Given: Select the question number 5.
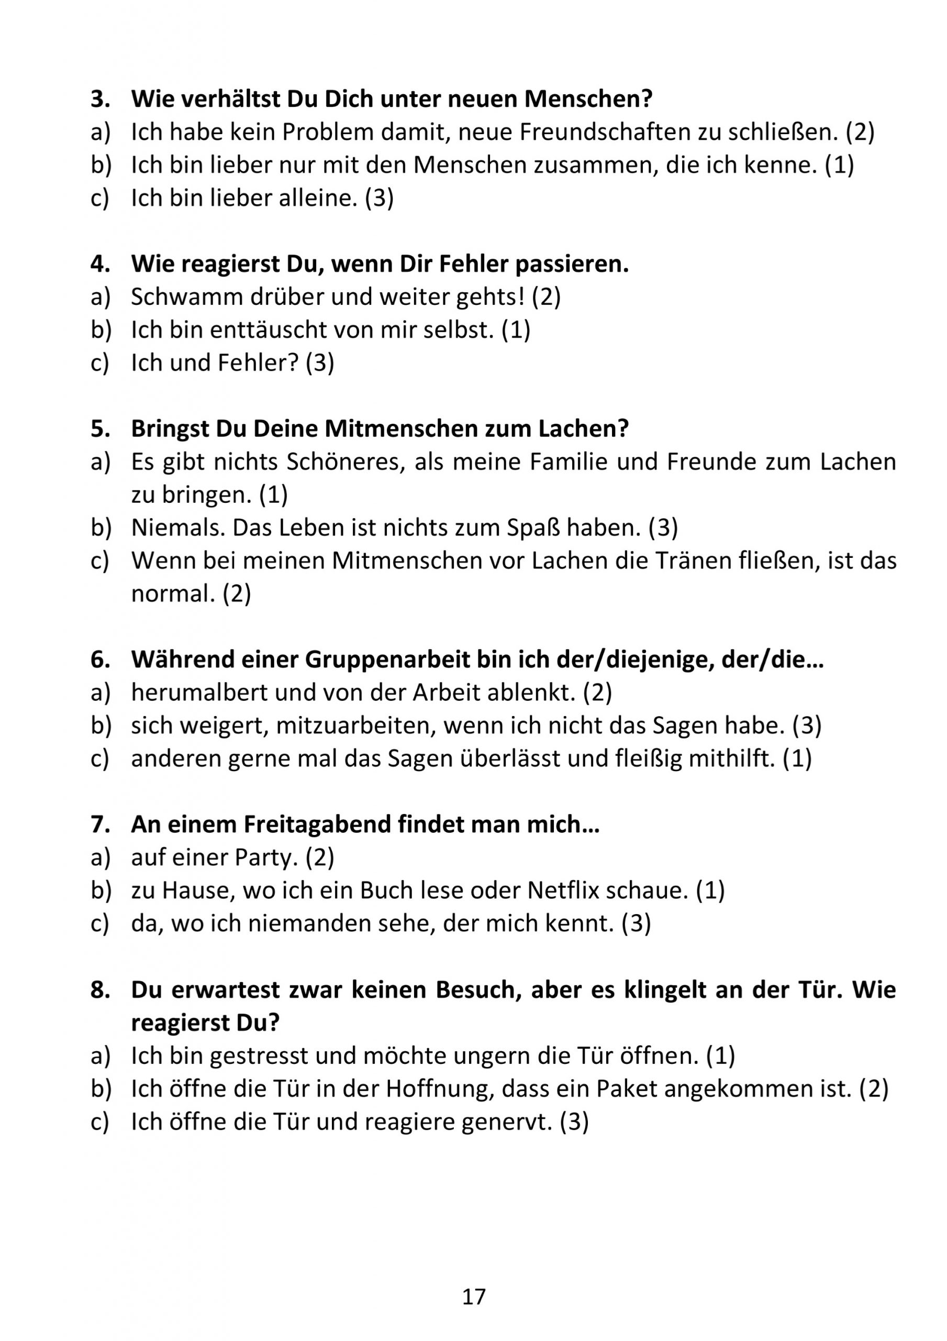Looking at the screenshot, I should tap(100, 430).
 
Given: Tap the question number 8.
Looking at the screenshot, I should tap(100, 990).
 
